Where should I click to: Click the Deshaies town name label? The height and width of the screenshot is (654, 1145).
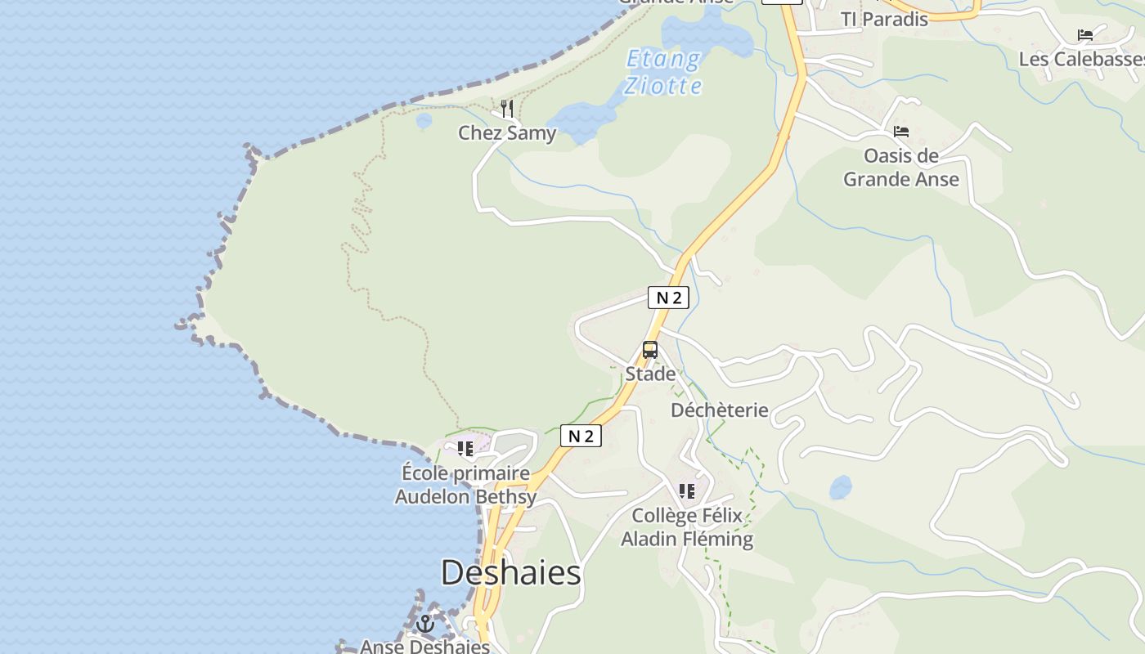click(510, 572)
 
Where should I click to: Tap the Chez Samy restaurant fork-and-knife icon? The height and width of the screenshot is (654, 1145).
click(507, 109)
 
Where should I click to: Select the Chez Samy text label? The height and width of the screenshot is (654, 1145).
click(507, 133)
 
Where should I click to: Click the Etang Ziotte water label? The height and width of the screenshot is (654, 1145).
click(662, 72)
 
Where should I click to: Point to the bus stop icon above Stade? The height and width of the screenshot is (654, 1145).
click(650, 350)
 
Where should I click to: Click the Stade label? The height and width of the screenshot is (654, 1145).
click(650, 374)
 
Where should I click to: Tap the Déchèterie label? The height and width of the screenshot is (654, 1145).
click(720, 410)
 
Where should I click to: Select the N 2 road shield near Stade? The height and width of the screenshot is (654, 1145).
click(669, 298)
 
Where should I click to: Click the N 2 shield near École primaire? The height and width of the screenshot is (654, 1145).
click(581, 436)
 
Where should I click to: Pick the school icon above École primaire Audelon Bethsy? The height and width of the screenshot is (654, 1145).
click(465, 449)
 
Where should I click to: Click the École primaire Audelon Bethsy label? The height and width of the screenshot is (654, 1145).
click(465, 485)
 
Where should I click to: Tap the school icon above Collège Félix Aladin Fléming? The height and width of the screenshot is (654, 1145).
click(687, 491)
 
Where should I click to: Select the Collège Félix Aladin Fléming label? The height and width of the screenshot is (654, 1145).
click(687, 527)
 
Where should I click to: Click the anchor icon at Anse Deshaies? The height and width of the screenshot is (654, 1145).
click(425, 625)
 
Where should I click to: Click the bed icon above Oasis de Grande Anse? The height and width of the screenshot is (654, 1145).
click(901, 132)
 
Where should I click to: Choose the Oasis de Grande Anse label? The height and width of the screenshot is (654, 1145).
click(901, 167)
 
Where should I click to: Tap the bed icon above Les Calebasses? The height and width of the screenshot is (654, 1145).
click(1085, 35)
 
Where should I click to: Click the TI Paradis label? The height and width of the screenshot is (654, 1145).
click(885, 19)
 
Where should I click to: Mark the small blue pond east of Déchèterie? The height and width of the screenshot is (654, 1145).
click(840, 487)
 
